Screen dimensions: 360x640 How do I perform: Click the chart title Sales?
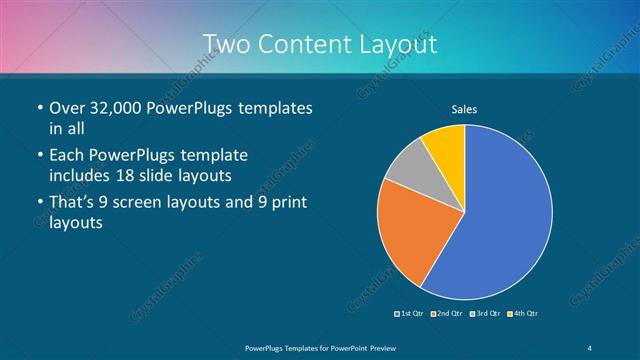coord(465,108)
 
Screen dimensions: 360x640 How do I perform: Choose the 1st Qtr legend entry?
coord(411,314)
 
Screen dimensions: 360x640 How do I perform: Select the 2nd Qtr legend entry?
coord(446,314)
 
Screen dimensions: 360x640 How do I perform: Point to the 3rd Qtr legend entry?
coord(485,314)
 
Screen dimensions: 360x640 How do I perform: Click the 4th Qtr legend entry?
coord(523,314)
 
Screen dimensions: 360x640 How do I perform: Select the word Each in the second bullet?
coord(68,156)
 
